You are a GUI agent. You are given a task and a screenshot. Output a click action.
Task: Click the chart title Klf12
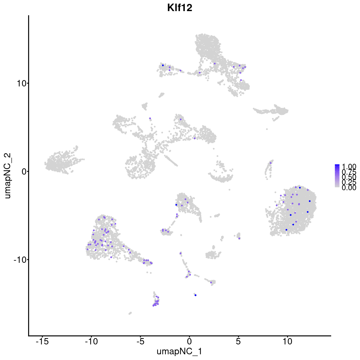[180, 8]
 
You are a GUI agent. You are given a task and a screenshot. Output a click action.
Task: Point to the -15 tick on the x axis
[42, 341]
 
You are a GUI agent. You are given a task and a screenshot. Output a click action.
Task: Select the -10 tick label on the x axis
[91, 341]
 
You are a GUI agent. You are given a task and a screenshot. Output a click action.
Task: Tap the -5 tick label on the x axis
[140, 341]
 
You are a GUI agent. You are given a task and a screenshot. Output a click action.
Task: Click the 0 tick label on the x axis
[189, 341]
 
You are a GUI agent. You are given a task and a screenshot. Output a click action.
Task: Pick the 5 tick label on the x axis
[238, 341]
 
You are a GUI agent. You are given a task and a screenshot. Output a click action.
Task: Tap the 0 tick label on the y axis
[24, 171]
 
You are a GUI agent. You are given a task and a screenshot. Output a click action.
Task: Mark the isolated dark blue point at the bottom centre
[195, 295]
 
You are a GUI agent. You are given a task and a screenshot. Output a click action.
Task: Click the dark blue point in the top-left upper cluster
[163, 65]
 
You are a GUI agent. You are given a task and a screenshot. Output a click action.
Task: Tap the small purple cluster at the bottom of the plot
[156, 301]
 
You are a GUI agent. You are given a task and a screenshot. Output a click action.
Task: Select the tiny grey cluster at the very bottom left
[130, 313]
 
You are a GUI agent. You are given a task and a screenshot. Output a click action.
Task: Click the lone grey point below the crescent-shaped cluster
[229, 190]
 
